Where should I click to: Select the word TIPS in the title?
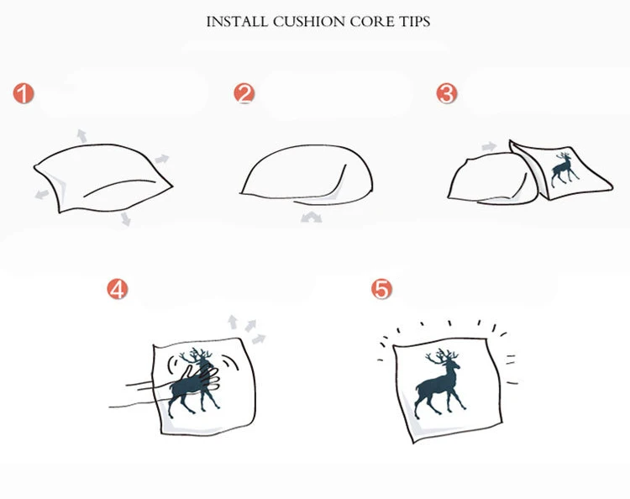click(x=415, y=22)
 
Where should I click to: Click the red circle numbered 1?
click(x=24, y=93)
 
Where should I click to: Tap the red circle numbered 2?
click(x=244, y=93)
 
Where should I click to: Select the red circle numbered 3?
click(x=447, y=93)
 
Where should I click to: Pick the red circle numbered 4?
click(x=118, y=289)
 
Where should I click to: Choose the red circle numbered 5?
click(x=381, y=289)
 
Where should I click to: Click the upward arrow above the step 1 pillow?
click(x=82, y=136)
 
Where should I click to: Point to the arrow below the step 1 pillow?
click(x=126, y=219)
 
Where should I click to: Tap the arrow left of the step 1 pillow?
click(x=42, y=194)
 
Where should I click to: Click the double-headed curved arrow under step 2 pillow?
click(x=312, y=218)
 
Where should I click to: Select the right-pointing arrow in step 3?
click(x=490, y=146)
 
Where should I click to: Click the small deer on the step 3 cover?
click(x=564, y=169)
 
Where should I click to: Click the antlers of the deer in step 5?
click(x=442, y=356)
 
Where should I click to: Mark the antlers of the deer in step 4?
click(x=196, y=355)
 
